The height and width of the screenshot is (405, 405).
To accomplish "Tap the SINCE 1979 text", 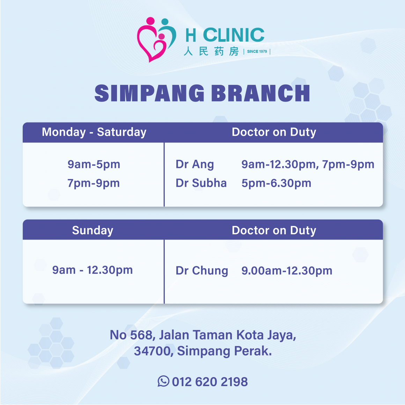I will [x=257, y=52].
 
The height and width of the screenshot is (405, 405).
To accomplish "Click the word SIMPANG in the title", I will [x=149, y=94].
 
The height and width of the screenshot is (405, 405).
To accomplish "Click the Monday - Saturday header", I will [x=94, y=132].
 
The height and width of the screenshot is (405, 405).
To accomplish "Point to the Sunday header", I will [x=93, y=230].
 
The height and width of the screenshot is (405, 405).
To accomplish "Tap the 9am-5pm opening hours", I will [x=94, y=164].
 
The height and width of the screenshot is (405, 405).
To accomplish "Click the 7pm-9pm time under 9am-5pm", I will [x=94, y=183].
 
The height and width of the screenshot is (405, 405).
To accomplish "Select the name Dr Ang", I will [x=194, y=164].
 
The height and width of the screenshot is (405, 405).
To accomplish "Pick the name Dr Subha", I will [x=201, y=183].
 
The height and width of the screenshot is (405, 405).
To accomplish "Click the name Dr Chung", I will [x=202, y=271].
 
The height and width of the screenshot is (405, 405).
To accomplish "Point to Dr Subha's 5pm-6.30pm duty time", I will [x=276, y=183].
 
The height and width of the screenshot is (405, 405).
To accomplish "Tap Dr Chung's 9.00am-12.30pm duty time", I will [x=287, y=271].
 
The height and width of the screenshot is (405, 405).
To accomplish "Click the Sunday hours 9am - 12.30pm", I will [x=93, y=270].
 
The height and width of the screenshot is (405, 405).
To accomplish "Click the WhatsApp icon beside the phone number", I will [x=163, y=381].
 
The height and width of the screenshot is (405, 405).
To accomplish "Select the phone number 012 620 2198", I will [x=210, y=382].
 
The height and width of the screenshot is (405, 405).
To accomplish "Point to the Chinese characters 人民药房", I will [x=211, y=52].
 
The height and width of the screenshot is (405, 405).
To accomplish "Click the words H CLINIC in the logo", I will [x=225, y=35].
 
